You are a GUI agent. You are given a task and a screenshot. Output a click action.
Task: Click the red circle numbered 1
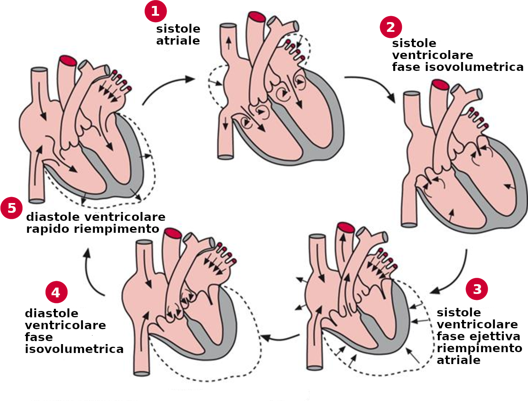click(x=155, y=11)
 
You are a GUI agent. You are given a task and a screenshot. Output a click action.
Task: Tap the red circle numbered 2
click(x=390, y=27)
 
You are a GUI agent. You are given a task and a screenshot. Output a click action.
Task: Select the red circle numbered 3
click(x=477, y=289)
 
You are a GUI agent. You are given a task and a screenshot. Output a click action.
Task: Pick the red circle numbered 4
click(x=56, y=292)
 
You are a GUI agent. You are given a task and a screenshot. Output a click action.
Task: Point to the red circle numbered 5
click(x=11, y=208)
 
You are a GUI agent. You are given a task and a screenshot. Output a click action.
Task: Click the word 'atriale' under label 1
click(x=178, y=41)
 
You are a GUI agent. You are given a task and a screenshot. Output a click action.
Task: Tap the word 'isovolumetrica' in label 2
click(x=457, y=67)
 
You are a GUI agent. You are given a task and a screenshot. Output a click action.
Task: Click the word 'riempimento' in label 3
click(x=479, y=348)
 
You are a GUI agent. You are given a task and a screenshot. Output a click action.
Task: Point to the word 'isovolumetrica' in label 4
click(x=74, y=349)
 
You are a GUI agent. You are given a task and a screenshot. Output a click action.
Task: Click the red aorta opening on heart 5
click(x=68, y=60)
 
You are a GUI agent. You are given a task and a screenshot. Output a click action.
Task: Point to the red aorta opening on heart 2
click(x=440, y=85)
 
